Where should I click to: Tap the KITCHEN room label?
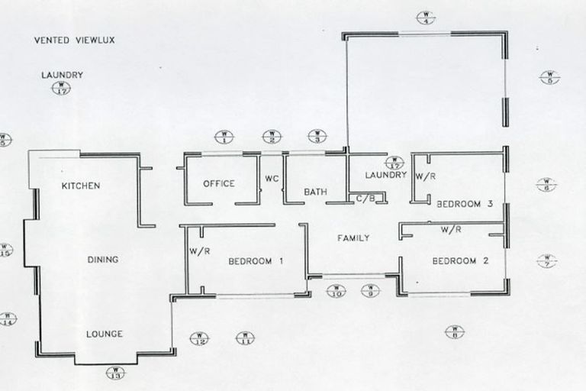click(81, 186)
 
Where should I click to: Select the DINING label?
click(102, 260)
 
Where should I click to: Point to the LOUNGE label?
click(104, 334)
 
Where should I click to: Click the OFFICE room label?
click(219, 184)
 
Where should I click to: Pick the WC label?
click(272, 179)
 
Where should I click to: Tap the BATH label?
click(315, 192)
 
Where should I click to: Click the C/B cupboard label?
click(365, 199)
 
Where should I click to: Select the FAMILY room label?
click(353, 238)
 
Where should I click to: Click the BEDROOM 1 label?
click(256, 261)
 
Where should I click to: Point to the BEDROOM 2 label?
click(460, 261)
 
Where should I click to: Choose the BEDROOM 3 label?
click(465, 204)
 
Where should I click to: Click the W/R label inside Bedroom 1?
click(199, 252)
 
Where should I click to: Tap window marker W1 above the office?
click(224, 137)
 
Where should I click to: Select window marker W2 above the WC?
click(272, 137)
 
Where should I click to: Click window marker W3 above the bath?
click(317, 136)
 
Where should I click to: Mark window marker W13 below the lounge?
click(115, 373)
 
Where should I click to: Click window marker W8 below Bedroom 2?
click(454, 331)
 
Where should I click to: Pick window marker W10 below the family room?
click(336, 290)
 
